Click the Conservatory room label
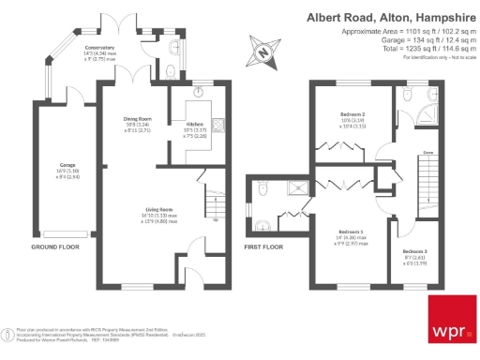coord(99,47)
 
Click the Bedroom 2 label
coord(353,114)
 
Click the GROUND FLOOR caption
coord(53,247)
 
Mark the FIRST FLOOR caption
coord(263,247)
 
